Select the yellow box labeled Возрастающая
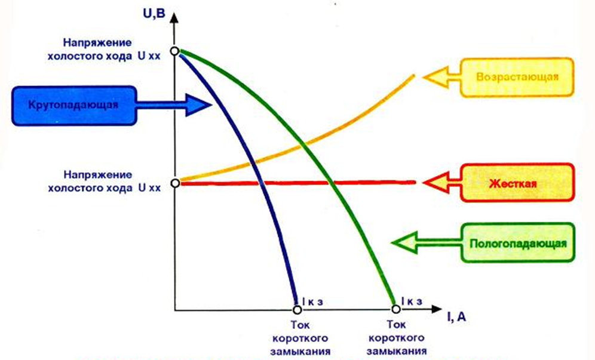click(517, 76)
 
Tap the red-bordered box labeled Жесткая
click(517, 182)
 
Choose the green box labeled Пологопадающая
click(517, 243)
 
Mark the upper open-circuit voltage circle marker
click(174, 51)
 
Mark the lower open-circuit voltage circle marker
click(174, 183)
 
